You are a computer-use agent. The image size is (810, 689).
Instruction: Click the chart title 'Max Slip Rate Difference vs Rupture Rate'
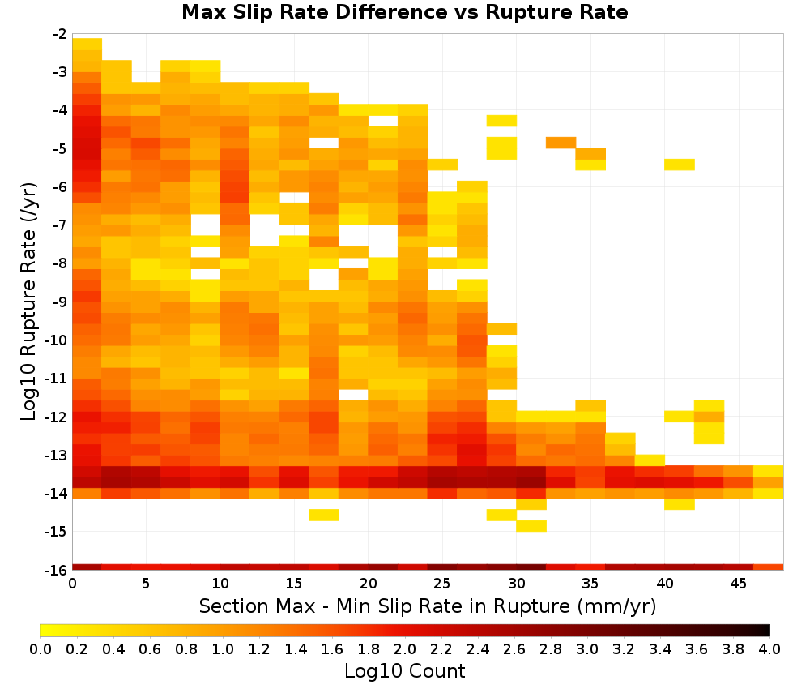click(404, 12)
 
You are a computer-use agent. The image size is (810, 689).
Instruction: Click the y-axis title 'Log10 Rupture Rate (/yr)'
click(28, 302)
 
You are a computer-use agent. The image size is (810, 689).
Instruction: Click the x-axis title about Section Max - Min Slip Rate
click(427, 606)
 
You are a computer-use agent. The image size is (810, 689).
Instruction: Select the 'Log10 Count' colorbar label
click(404, 671)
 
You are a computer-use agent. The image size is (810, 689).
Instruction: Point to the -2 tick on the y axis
click(60, 34)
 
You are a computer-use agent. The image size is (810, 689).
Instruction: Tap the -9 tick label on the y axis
click(60, 302)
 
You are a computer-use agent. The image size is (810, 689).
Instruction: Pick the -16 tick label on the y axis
click(57, 570)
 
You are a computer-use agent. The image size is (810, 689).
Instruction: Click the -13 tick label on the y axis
click(57, 455)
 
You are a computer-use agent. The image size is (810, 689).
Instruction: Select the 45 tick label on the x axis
click(738, 584)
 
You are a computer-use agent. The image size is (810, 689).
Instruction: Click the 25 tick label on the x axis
click(442, 584)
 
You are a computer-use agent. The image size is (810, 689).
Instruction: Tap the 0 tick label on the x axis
click(72, 584)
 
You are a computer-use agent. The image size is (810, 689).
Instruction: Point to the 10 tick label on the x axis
click(220, 584)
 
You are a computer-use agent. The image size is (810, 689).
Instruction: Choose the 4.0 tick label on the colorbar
click(769, 648)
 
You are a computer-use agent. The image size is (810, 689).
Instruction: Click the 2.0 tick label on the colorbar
click(404, 648)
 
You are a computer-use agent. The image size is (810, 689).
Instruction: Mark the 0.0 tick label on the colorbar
click(40, 648)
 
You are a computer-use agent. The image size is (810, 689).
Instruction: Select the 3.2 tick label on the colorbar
click(624, 648)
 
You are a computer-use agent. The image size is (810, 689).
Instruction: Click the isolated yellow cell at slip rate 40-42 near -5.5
click(680, 165)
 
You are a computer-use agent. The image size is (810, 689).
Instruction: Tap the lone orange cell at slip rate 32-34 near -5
click(561, 143)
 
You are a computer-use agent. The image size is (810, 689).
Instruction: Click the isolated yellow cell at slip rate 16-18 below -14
click(324, 515)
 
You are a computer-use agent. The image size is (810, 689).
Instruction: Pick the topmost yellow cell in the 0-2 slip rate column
click(87, 44)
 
